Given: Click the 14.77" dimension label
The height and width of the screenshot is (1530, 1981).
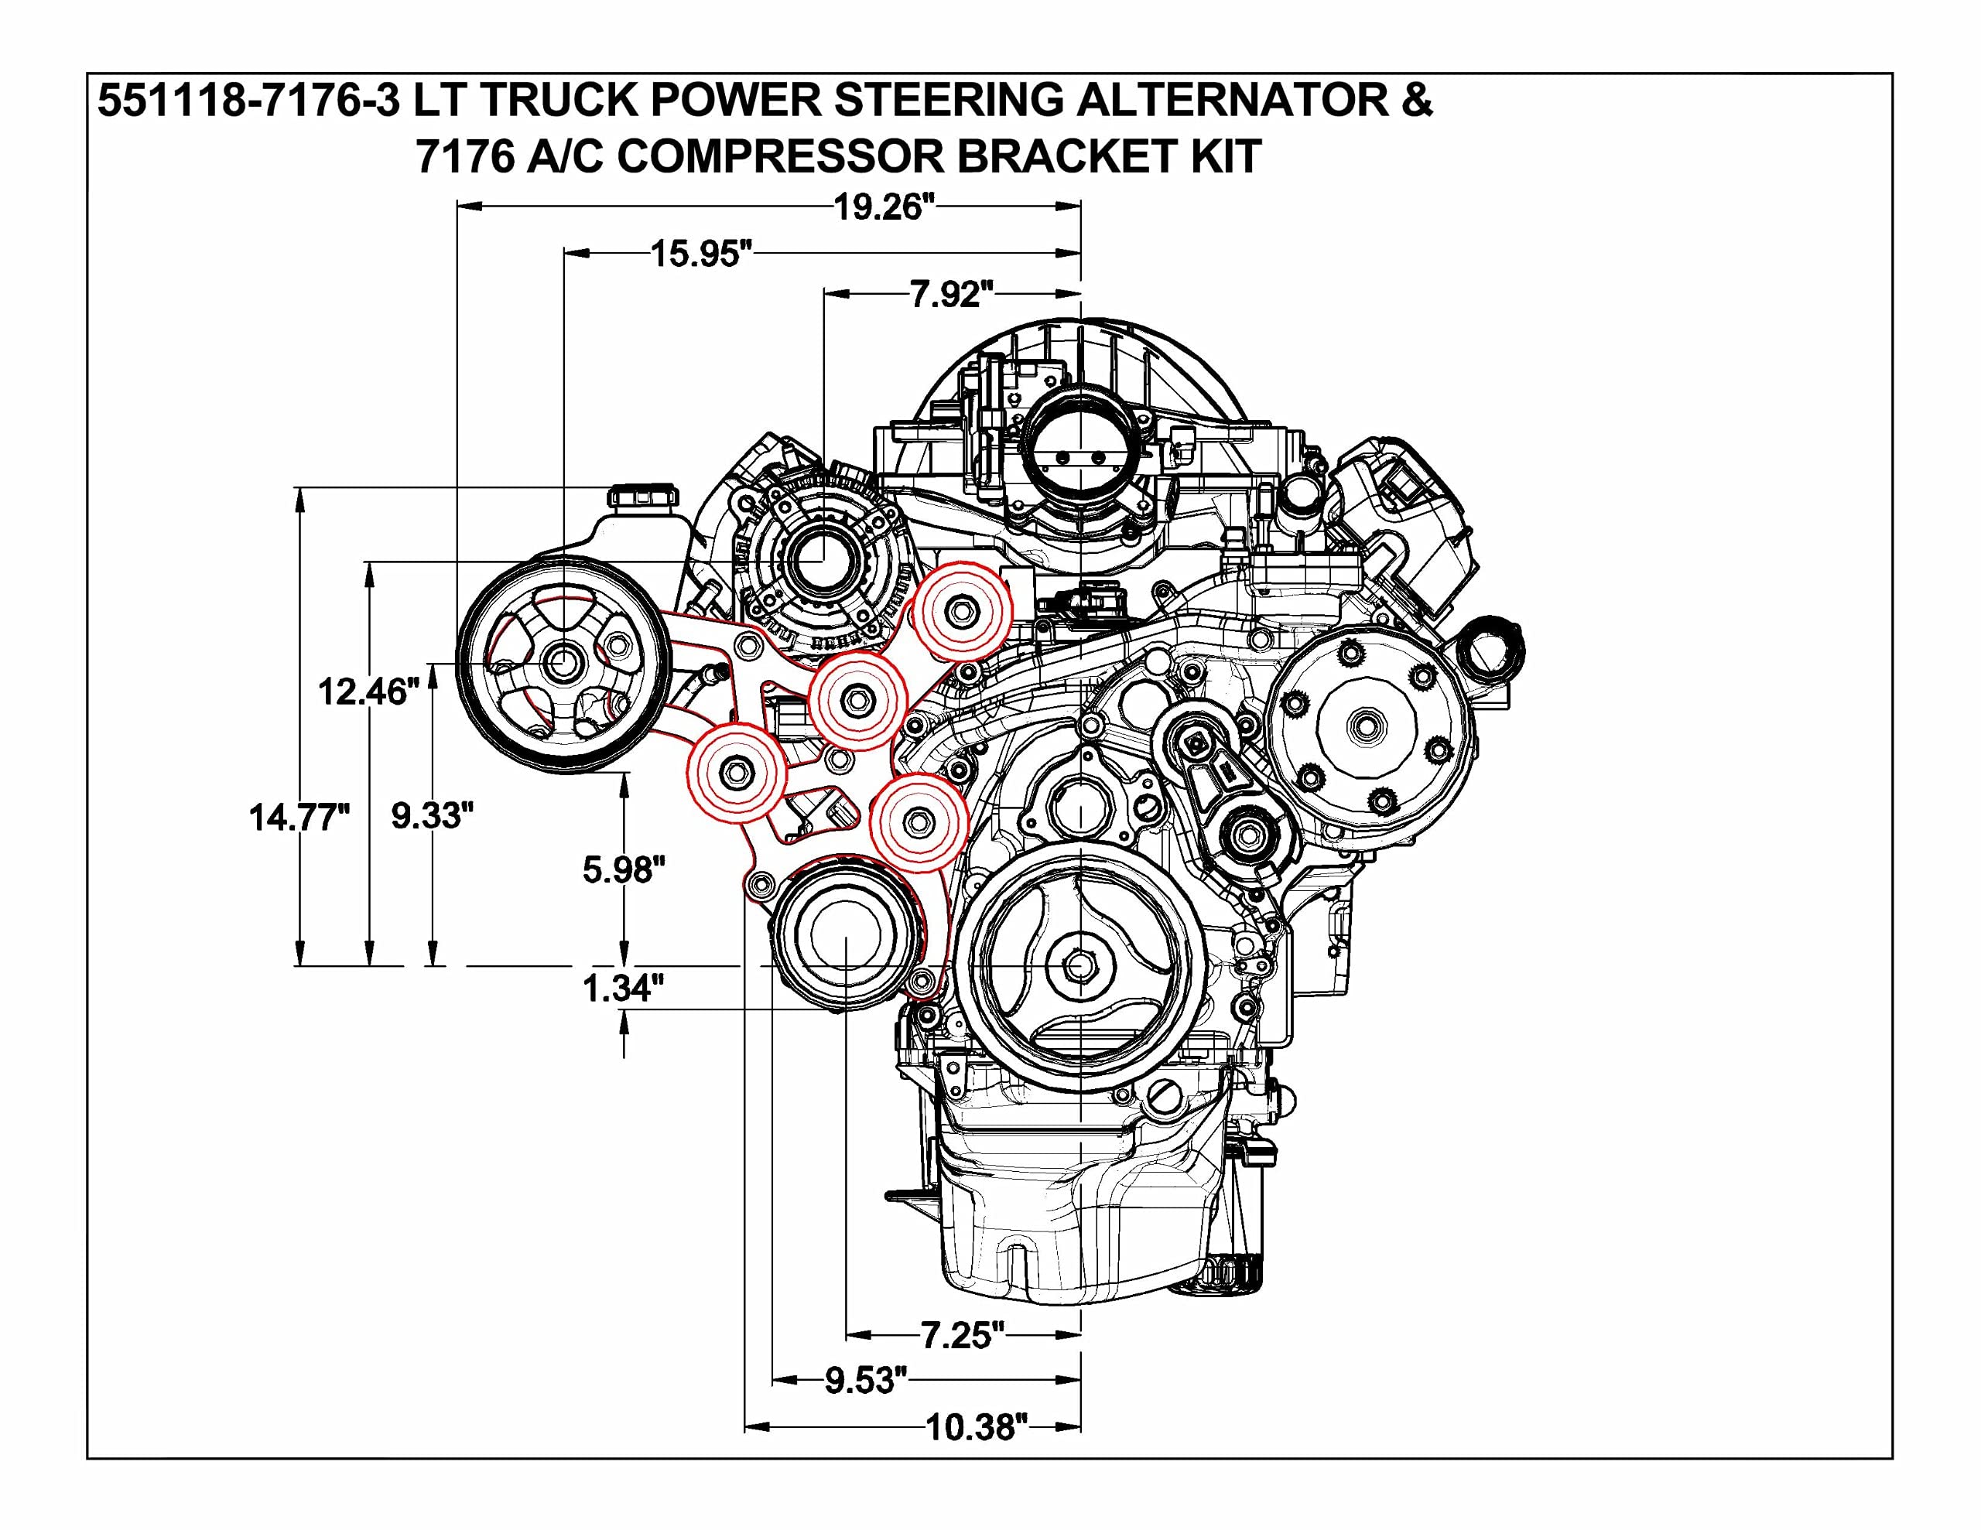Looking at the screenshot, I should pyautogui.click(x=299, y=818).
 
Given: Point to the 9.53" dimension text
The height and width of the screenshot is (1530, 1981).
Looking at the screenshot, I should pyautogui.click(x=865, y=1381).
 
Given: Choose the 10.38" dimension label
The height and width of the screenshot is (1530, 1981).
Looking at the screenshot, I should pyautogui.click(x=977, y=1428).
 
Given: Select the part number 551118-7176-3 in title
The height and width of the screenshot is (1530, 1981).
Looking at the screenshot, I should pyautogui.click(x=248, y=100).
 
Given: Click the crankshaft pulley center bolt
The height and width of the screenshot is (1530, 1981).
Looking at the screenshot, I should pyautogui.click(x=1079, y=967).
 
